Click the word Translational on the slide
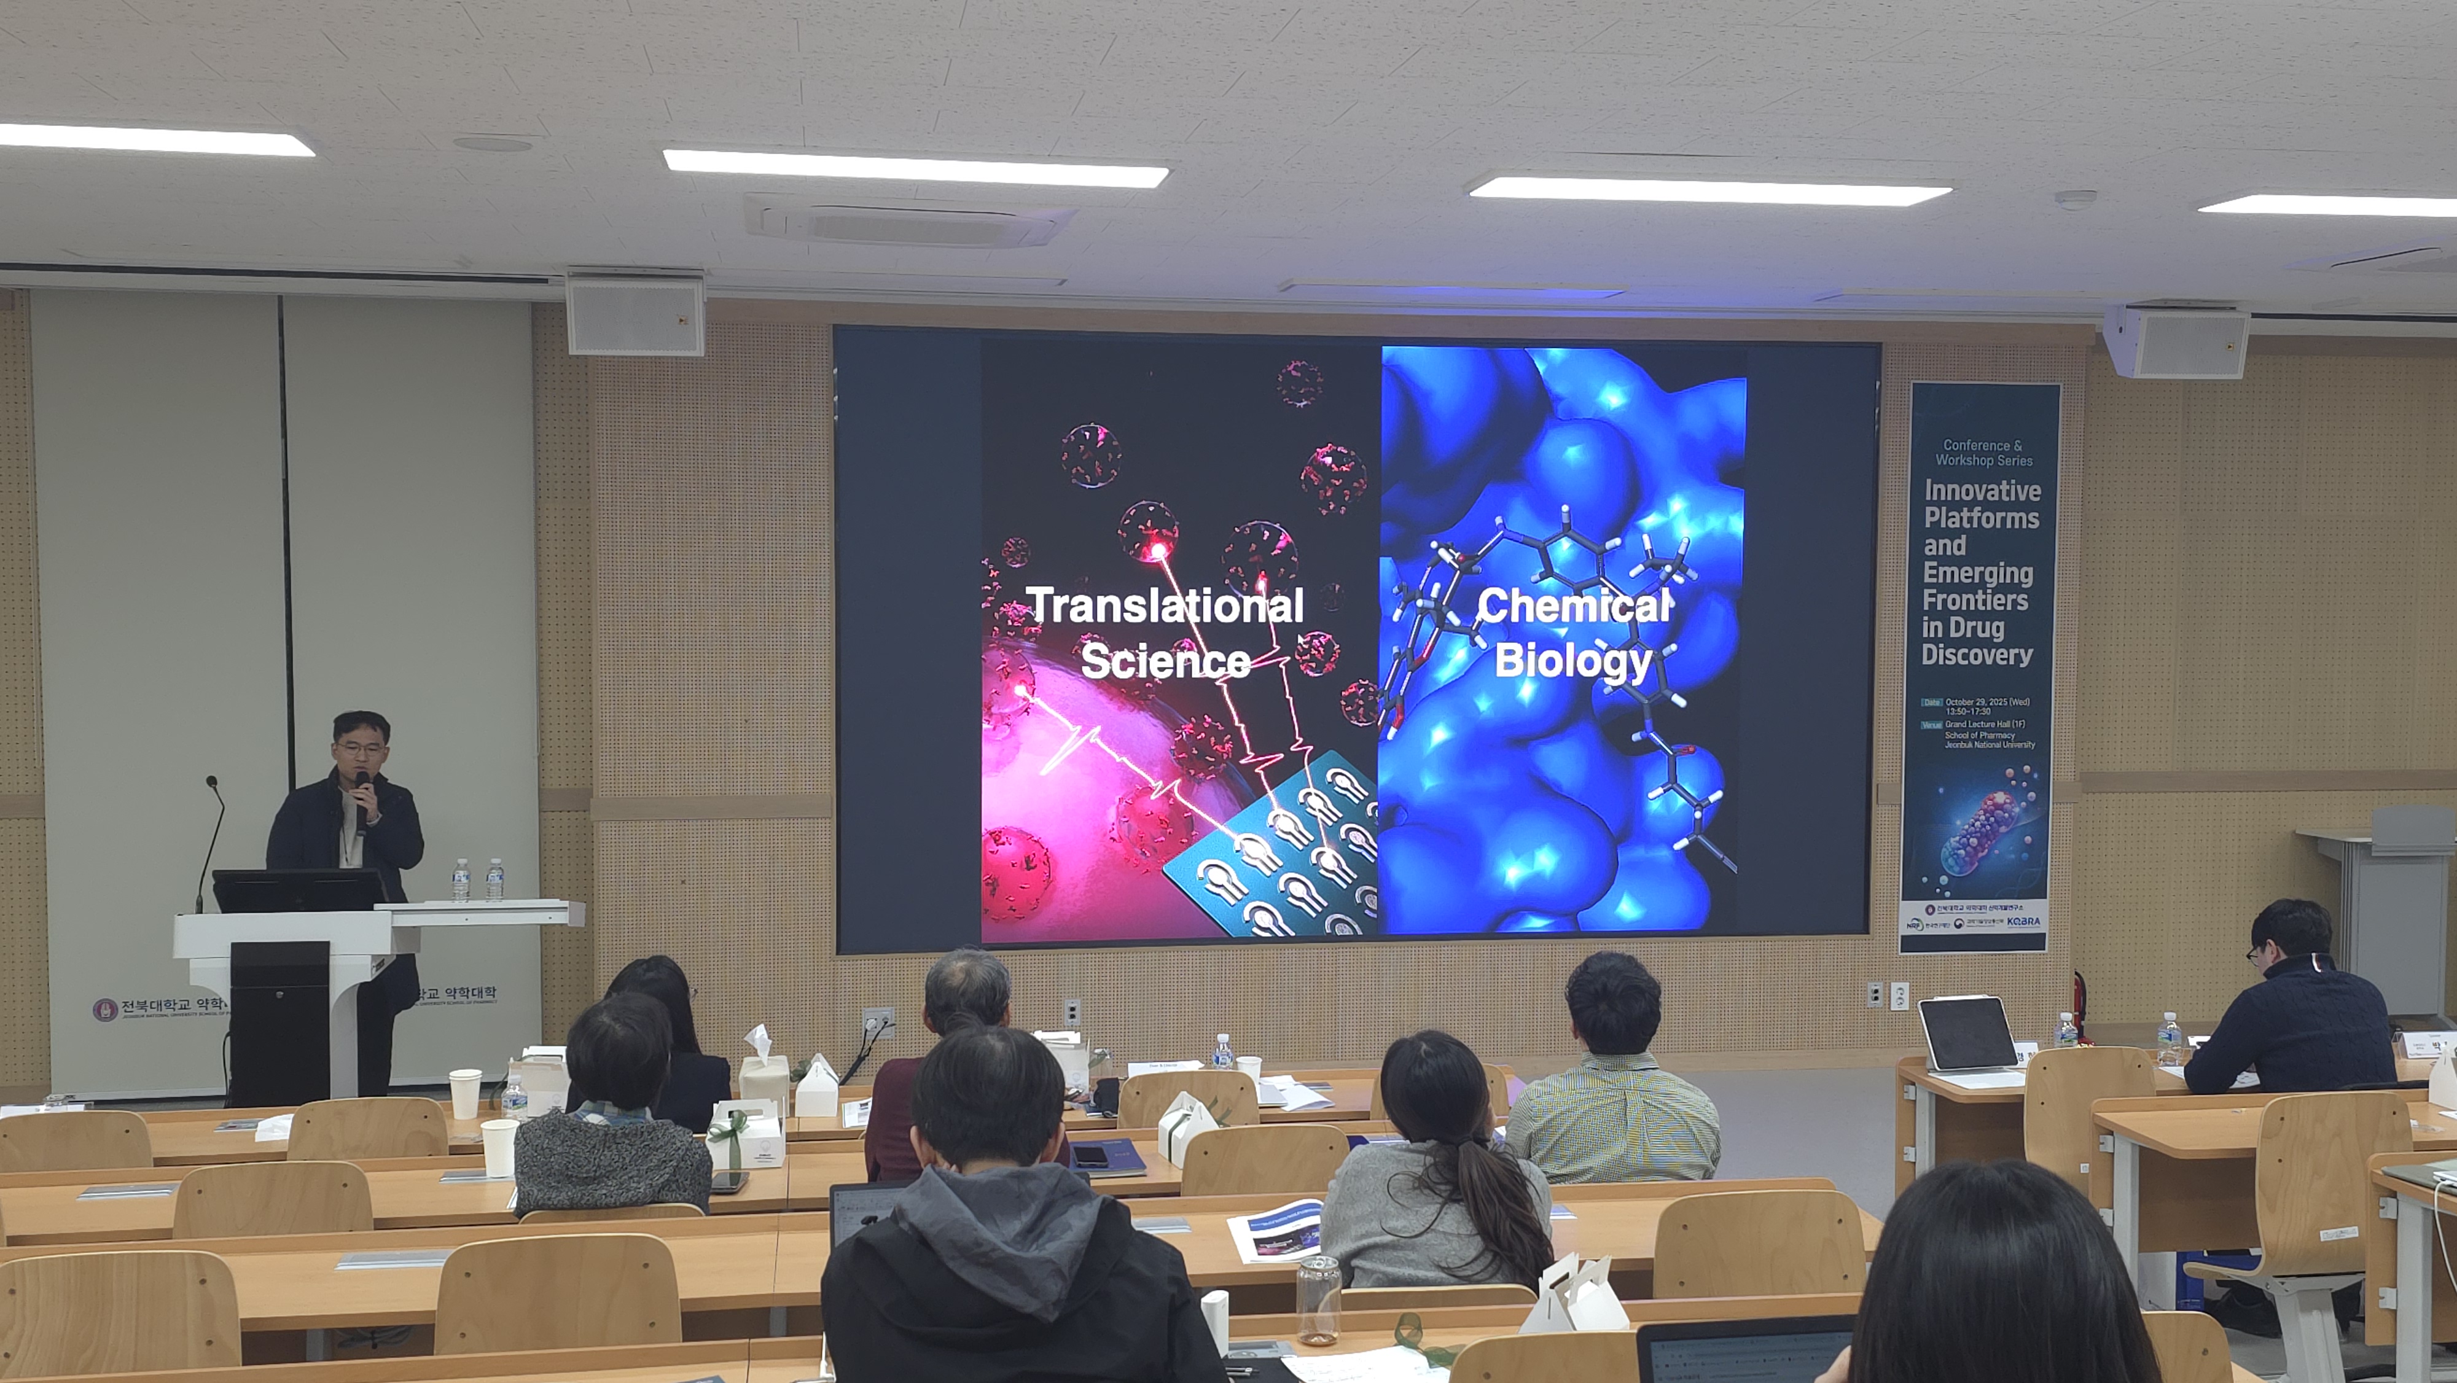click(x=1165, y=606)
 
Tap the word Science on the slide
click(x=1165, y=661)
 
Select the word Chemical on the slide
click(x=1573, y=606)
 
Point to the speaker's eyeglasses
click(x=359, y=749)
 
